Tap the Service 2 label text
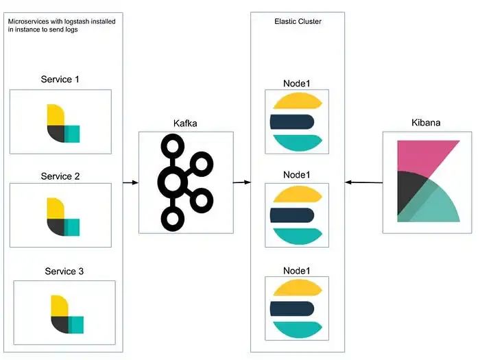tap(60, 176)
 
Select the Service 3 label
tap(64, 272)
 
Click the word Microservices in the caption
tap(33, 22)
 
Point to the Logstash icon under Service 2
tap(62, 217)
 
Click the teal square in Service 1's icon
tap(72, 134)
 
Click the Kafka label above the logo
tap(187, 124)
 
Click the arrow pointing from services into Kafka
tap(130, 182)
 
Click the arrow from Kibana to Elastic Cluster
tap(363, 182)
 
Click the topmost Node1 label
tap(297, 84)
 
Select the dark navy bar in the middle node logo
tap(296, 215)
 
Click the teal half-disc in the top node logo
tap(298, 142)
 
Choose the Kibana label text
tap(426, 123)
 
